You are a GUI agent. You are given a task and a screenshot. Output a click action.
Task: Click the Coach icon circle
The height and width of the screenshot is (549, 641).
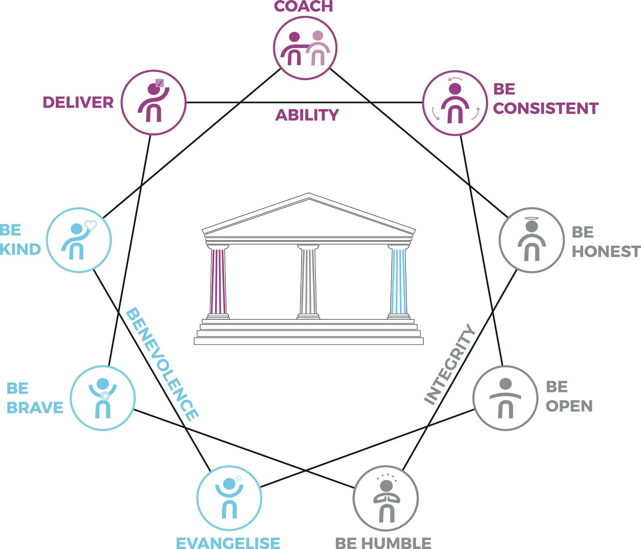tap(305, 48)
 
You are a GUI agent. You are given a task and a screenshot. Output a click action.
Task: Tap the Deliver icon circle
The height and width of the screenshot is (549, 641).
tap(154, 102)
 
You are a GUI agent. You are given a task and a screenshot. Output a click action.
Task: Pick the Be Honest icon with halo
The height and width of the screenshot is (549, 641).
tap(531, 240)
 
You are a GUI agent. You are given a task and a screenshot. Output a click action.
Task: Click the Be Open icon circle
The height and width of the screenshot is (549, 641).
tap(505, 398)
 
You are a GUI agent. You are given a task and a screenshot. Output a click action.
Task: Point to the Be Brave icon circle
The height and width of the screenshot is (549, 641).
tap(103, 398)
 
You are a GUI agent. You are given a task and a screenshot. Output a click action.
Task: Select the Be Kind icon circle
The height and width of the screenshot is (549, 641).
tap(79, 240)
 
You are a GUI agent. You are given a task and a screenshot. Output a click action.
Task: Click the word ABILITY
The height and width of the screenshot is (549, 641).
tap(307, 115)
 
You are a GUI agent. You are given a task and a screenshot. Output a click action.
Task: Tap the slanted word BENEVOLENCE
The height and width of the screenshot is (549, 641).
tap(162, 364)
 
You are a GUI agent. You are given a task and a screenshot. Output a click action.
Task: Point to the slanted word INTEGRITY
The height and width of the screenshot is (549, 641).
tap(450, 364)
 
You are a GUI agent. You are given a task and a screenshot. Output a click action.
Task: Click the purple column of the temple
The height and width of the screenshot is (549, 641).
tap(218, 281)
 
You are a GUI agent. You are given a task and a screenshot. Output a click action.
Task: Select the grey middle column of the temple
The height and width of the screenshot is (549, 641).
tap(308, 281)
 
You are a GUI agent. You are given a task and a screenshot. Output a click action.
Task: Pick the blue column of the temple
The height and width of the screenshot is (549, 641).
tap(398, 281)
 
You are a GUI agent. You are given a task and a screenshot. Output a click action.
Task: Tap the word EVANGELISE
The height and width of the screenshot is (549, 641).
tap(228, 543)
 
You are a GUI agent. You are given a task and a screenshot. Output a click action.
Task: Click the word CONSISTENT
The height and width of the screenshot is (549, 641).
tap(546, 108)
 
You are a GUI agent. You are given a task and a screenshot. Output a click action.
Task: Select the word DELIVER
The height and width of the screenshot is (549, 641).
tap(78, 102)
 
